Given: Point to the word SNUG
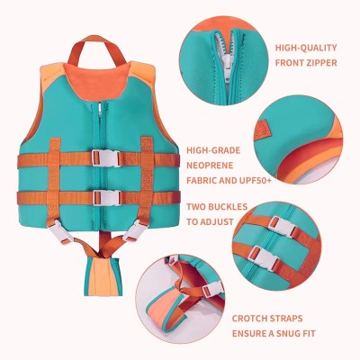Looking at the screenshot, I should pos(305,333).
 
